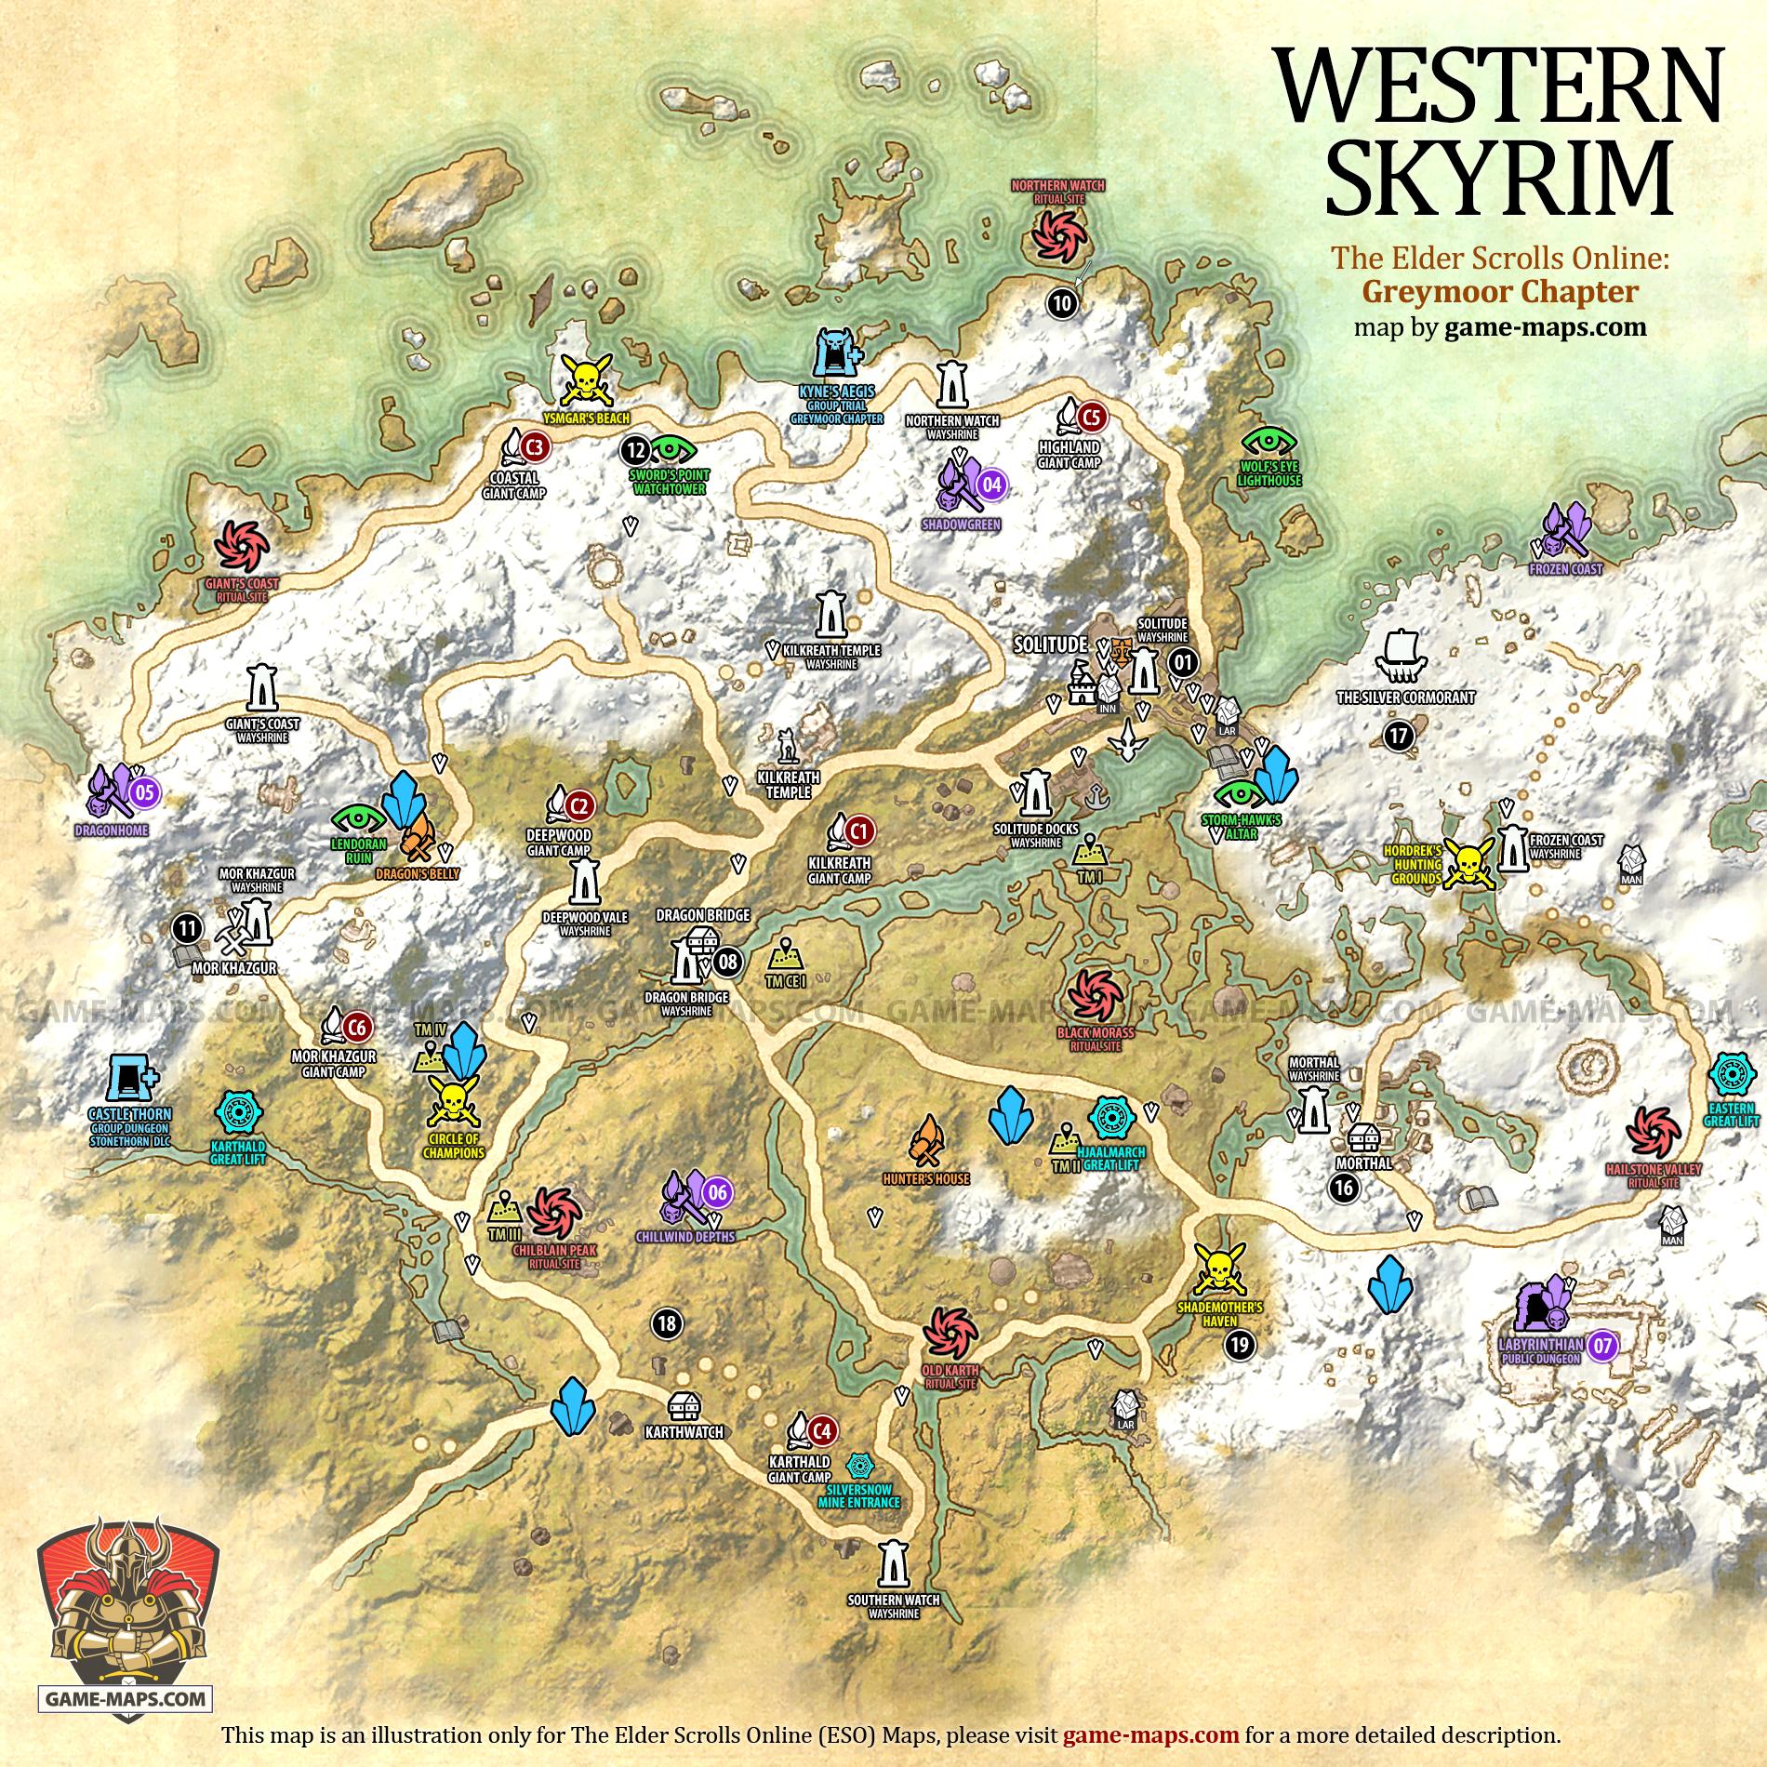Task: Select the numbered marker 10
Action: click(x=1063, y=302)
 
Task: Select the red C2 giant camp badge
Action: click(x=580, y=804)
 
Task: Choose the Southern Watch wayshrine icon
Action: click(x=893, y=1564)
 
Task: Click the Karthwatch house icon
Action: click(x=684, y=1406)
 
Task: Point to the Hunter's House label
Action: click(x=926, y=1178)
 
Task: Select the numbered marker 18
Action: click(x=668, y=1323)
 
